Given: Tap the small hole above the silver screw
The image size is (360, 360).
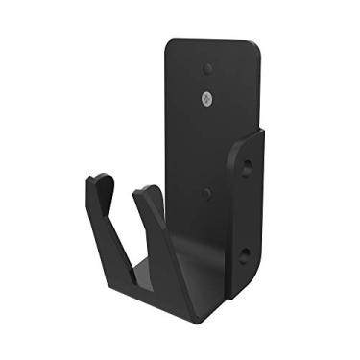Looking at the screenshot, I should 207,69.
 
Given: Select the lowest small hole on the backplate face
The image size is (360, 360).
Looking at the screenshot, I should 207,193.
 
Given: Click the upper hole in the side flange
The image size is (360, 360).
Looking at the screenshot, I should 248,169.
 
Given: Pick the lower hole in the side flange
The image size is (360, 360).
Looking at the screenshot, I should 246,255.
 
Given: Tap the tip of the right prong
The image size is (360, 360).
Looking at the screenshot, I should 145,190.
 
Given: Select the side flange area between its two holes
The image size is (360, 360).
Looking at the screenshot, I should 247,211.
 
